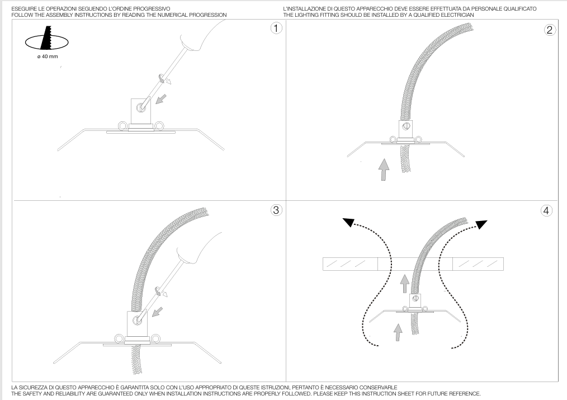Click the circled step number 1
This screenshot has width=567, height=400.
tap(276, 28)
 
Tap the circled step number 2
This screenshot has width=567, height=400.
tap(550, 30)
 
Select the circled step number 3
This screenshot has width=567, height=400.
tap(276, 210)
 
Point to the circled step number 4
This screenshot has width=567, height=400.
tap(546, 210)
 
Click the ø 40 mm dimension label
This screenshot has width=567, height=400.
tap(48, 57)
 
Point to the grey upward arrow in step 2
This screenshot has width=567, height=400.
tap(384, 170)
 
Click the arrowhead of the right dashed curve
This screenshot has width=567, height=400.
tap(481, 224)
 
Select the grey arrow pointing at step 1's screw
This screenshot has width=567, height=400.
tap(161, 98)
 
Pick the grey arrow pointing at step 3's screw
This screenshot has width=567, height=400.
tap(157, 312)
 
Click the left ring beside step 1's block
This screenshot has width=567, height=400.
tap(122, 126)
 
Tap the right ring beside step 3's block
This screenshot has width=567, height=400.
tap(155, 339)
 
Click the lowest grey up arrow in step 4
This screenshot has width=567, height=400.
tap(398, 332)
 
